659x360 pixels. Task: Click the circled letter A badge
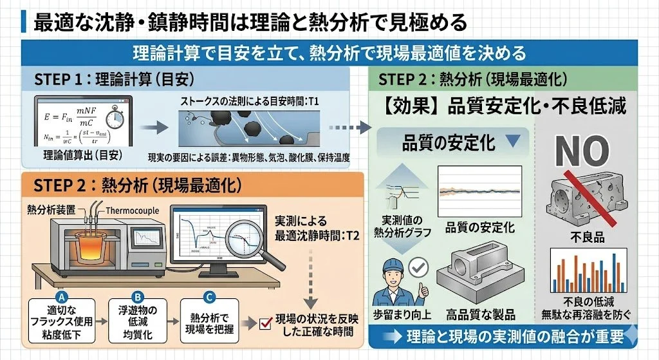click(x=62, y=297)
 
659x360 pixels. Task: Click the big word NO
click(x=582, y=151)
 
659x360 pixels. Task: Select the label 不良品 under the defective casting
click(x=584, y=237)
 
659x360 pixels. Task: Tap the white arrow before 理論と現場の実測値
click(x=391, y=336)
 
